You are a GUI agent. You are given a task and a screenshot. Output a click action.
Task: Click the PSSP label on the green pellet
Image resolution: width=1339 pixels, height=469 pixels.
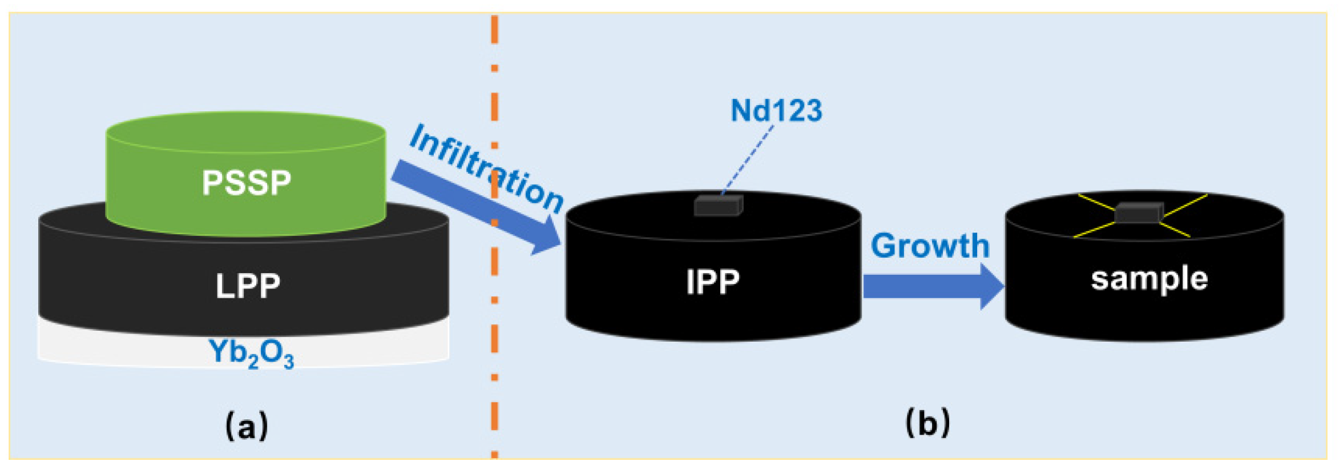coord(247,183)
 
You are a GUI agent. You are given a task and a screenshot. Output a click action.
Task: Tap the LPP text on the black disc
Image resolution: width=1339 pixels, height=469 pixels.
coord(248,286)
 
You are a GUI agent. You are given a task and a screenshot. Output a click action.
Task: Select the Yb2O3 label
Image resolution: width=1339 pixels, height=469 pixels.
coord(251,353)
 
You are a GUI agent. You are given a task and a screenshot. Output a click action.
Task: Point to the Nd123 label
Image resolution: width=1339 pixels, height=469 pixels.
coord(776,110)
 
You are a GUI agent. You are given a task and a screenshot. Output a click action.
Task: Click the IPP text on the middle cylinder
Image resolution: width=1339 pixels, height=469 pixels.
coord(712,282)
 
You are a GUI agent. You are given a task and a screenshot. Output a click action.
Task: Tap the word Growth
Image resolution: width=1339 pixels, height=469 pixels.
coord(930,246)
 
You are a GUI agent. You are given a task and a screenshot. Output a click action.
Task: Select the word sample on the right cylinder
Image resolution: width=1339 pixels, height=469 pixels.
coord(1149,279)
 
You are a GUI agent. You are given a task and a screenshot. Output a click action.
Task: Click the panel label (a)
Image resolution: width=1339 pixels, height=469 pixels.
coord(247,426)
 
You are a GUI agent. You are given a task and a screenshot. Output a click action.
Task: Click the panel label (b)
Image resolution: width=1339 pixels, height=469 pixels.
coord(928,423)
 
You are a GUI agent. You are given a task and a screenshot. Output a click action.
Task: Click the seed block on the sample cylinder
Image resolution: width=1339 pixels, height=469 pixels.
coord(1139,213)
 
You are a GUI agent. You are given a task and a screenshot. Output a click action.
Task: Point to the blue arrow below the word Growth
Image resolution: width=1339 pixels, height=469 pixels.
coord(930,286)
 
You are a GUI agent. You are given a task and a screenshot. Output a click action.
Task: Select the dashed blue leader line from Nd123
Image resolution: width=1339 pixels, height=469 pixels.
coord(748,160)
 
